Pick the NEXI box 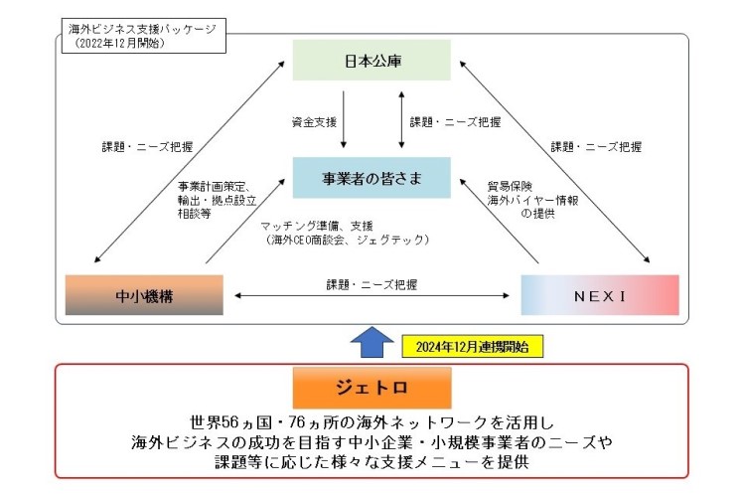tap(600, 294)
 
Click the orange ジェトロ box tap(371, 386)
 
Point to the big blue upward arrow tap(371, 341)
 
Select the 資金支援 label tap(312, 123)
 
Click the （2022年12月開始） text tap(120, 44)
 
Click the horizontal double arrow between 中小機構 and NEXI tap(372, 296)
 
